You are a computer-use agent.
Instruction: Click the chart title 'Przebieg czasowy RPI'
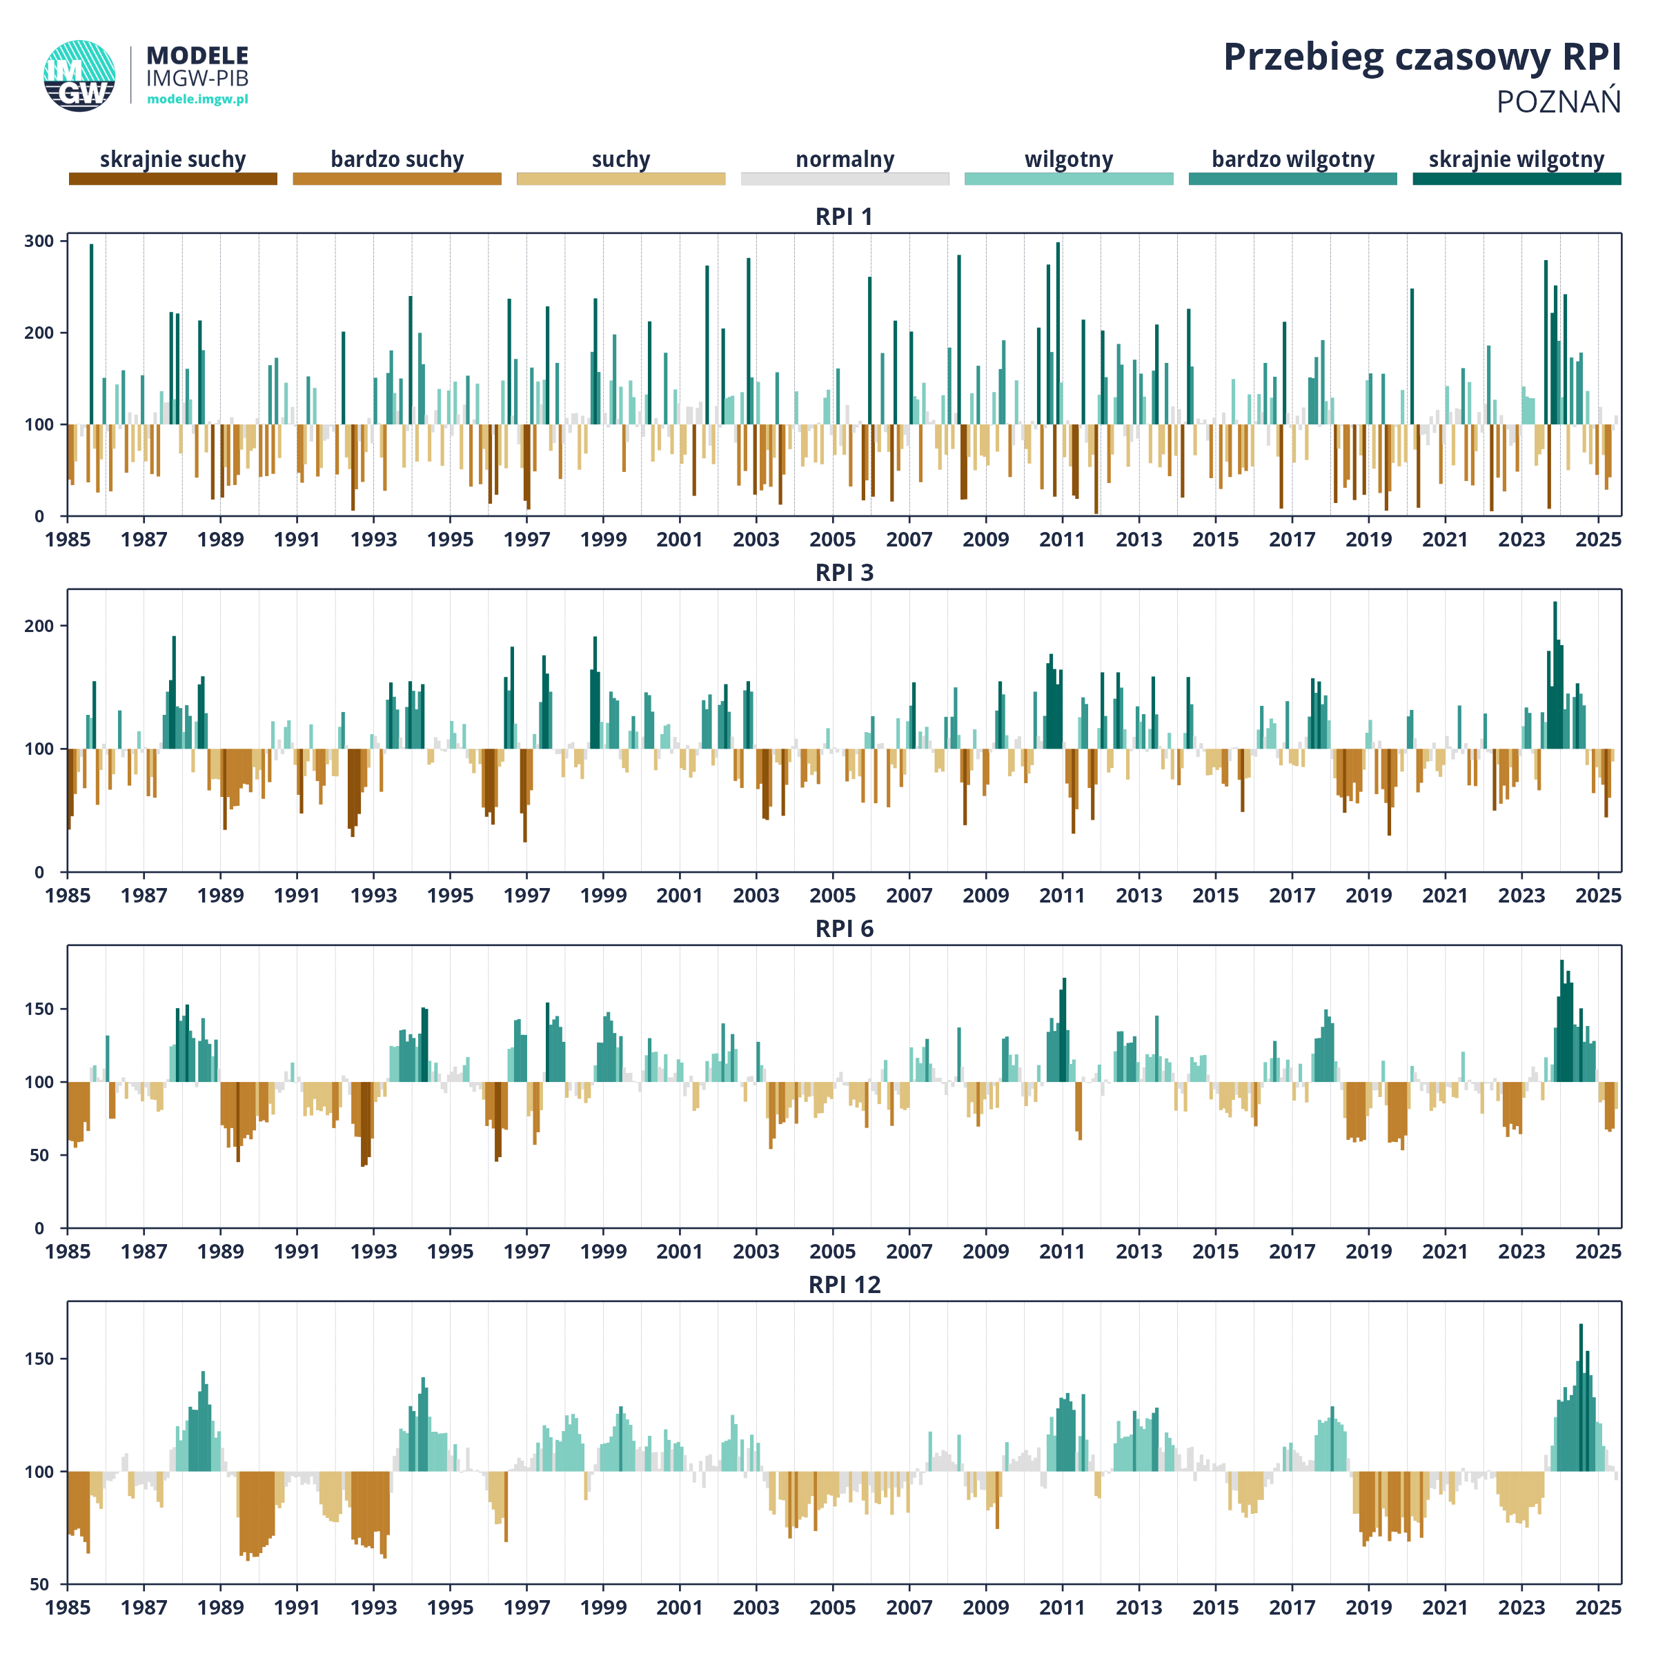click(x=1421, y=57)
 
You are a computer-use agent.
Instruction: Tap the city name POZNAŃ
click(x=1558, y=101)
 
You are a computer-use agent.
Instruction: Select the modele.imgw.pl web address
click(x=198, y=99)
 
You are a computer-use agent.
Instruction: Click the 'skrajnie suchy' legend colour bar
click(x=173, y=178)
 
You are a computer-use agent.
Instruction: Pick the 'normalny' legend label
click(x=845, y=159)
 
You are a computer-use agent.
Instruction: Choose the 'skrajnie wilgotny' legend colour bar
click(x=1517, y=178)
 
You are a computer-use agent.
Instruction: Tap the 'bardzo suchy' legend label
click(x=397, y=159)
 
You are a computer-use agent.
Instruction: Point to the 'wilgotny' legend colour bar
click(x=1069, y=178)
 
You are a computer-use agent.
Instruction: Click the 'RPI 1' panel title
click(x=845, y=217)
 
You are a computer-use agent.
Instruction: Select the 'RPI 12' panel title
click(x=845, y=1285)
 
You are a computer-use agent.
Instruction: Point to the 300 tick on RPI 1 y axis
click(x=39, y=241)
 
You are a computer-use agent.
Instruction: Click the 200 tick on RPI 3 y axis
click(x=39, y=626)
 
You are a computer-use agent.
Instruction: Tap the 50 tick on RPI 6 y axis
click(x=45, y=1154)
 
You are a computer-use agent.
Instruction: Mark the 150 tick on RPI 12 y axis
click(x=39, y=1359)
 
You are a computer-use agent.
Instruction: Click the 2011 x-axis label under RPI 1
click(x=1062, y=539)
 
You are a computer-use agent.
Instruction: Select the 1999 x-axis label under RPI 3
click(x=604, y=895)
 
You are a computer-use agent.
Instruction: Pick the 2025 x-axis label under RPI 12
click(x=1598, y=1607)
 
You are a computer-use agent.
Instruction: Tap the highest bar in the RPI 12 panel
click(x=1581, y=1398)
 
